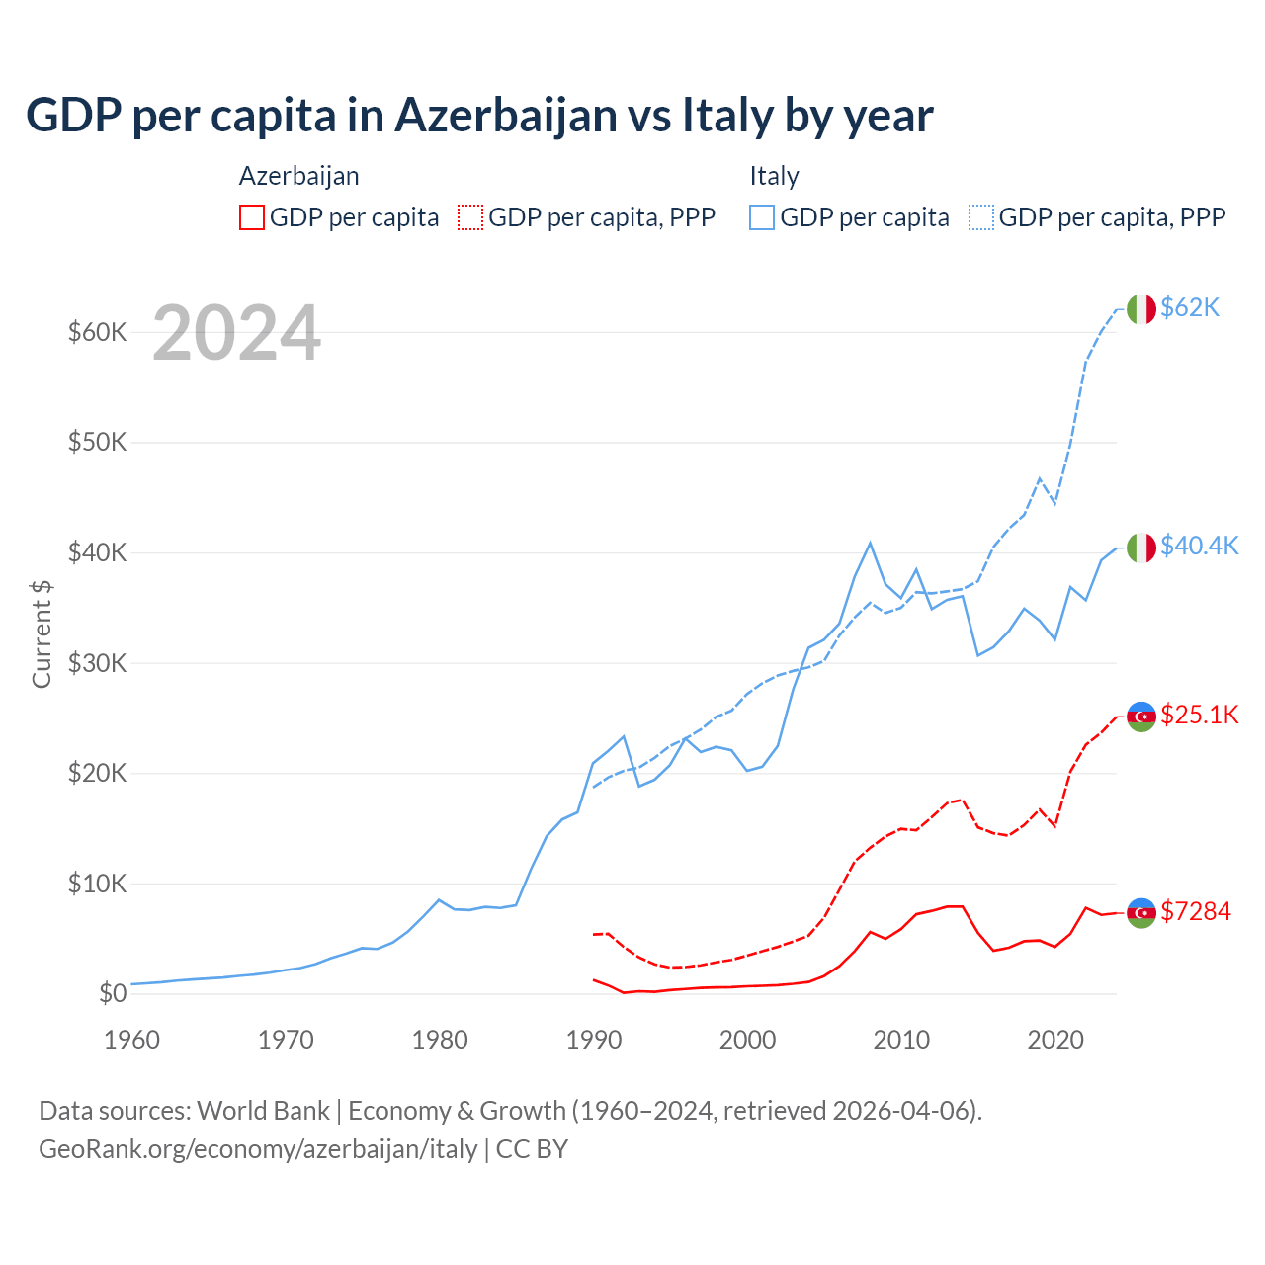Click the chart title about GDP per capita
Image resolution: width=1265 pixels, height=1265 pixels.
tap(479, 116)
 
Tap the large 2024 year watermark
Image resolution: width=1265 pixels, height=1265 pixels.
tap(236, 333)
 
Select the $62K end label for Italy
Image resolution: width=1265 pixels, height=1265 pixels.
tap(1190, 307)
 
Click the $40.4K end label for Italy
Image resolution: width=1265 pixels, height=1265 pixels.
tap(1199, 546)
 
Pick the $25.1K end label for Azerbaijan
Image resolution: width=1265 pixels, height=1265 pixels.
tap(1199, 715)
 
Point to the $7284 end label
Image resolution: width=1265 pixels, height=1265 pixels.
tap(1195, 911)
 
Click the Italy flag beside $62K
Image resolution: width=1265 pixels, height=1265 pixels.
tap(1141, 309)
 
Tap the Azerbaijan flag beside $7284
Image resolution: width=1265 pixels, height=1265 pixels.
tap(1141, 912)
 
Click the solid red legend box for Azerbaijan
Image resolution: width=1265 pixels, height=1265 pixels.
tap(252, 217)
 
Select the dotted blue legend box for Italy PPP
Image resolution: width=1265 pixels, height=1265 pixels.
tap(981, 217)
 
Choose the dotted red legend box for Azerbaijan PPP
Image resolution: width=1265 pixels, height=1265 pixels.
tap(470, 217)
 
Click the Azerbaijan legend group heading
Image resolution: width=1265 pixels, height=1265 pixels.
tap(298, 176)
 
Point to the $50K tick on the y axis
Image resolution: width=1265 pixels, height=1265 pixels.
tap(97, 442)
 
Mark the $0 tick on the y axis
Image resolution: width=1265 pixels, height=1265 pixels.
tap(113, 993)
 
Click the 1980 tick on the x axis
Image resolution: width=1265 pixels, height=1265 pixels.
tap(440, 1040)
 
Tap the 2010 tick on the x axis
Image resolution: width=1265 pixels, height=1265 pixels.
tap(901, 1040)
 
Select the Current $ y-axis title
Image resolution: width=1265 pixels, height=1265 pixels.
tap(42, 633)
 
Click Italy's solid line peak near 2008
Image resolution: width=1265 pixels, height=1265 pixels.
tap(870, 543)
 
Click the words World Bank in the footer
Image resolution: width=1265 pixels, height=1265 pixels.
tap(263, 1111)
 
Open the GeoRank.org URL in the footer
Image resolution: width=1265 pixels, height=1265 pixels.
tap(258, 1149)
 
